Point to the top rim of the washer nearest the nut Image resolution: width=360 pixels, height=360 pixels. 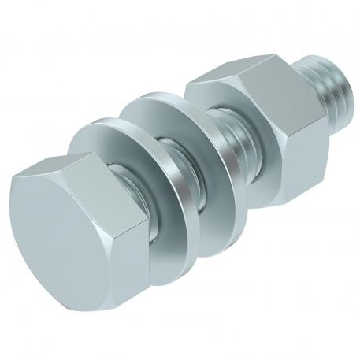[x=169, y=98]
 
